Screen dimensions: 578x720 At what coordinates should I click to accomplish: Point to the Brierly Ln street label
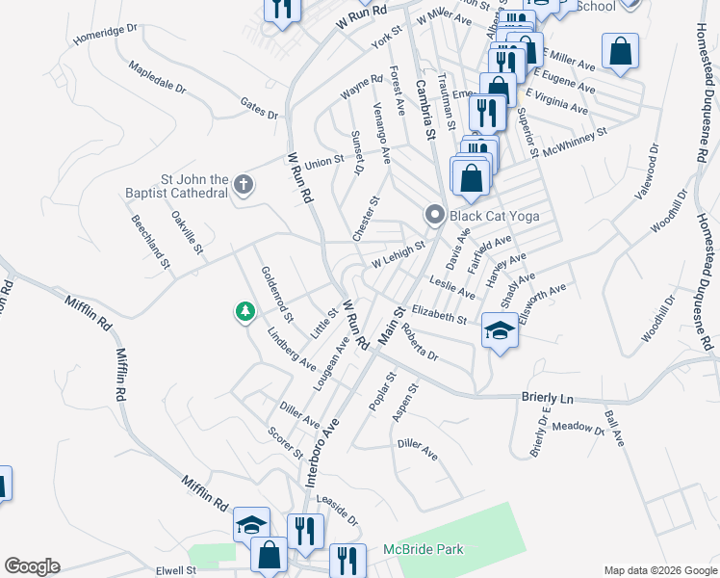[x=547, y=397]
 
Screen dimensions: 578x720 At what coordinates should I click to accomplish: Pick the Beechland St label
[x=151, y=241]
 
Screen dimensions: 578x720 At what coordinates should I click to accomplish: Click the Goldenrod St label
[x=277, y=292]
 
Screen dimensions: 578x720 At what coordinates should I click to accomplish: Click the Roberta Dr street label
[x=420, y=342]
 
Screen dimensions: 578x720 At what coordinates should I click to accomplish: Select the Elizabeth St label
[x=438, y=314]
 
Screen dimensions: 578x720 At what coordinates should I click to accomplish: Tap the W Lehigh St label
[x=399, y=255]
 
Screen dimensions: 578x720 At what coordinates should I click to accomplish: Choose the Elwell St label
[x=177, y=570]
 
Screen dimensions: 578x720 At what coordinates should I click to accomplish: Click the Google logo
[x=32, y=566]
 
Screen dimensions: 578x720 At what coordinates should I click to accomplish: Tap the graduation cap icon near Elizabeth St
[x=500, y=331]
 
